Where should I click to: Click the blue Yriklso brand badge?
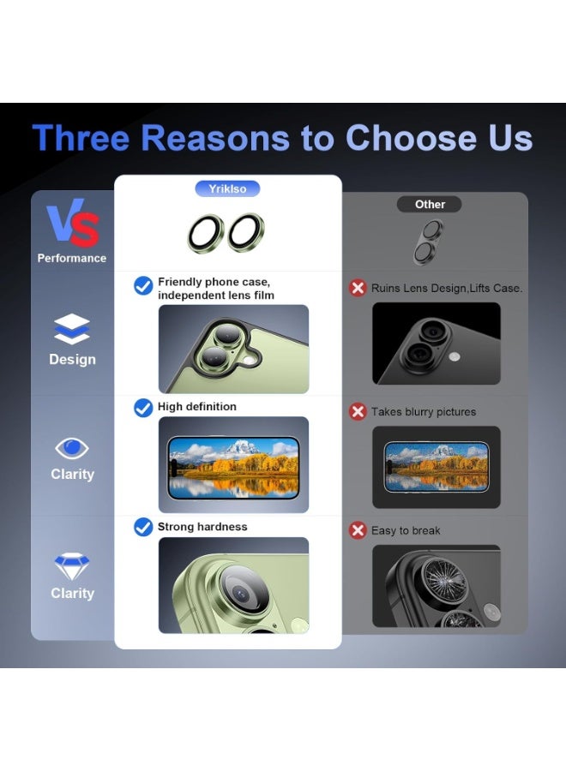pyautogui.click(x=227, y=188)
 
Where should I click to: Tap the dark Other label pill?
pyautogui.click(x=429, y=204)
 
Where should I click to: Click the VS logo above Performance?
pyautogui.click(x=73, y=223)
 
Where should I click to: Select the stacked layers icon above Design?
pyautogui.click(x=72, y=329)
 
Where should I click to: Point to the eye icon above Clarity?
pyautogui.click(x=72, y=448)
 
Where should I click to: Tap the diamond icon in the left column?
pyautogui.click(x=72, y=566)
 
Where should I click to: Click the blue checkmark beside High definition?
pyautogui.click(x=143, y=408)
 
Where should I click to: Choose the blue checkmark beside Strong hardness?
pyautogui.click(x=143, y=527)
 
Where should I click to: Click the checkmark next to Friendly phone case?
pyautogui.click(x=143, y=285)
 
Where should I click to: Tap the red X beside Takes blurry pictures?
pyautogui.click(x=358, y=411)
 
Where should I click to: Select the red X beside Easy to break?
pyautogui.click(x=358, y=530)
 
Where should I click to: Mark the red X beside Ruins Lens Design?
pyautogui.click(x=358, y=288)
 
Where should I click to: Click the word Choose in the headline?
pyautogui.click(x=412, y=137)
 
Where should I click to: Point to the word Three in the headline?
pyautogui.click(x=81, y=137)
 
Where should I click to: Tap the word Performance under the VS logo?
pyautogui.click(x=72, y=258)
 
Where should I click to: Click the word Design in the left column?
pyautogui.click(x=72, y=360)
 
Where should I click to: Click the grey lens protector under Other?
pyautogui.click(x=428, y=242)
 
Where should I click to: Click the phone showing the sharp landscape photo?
pyautogui.click(x=234, y=468)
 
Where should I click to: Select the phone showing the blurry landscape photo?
pyautogui.click(x=436, y=467)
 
